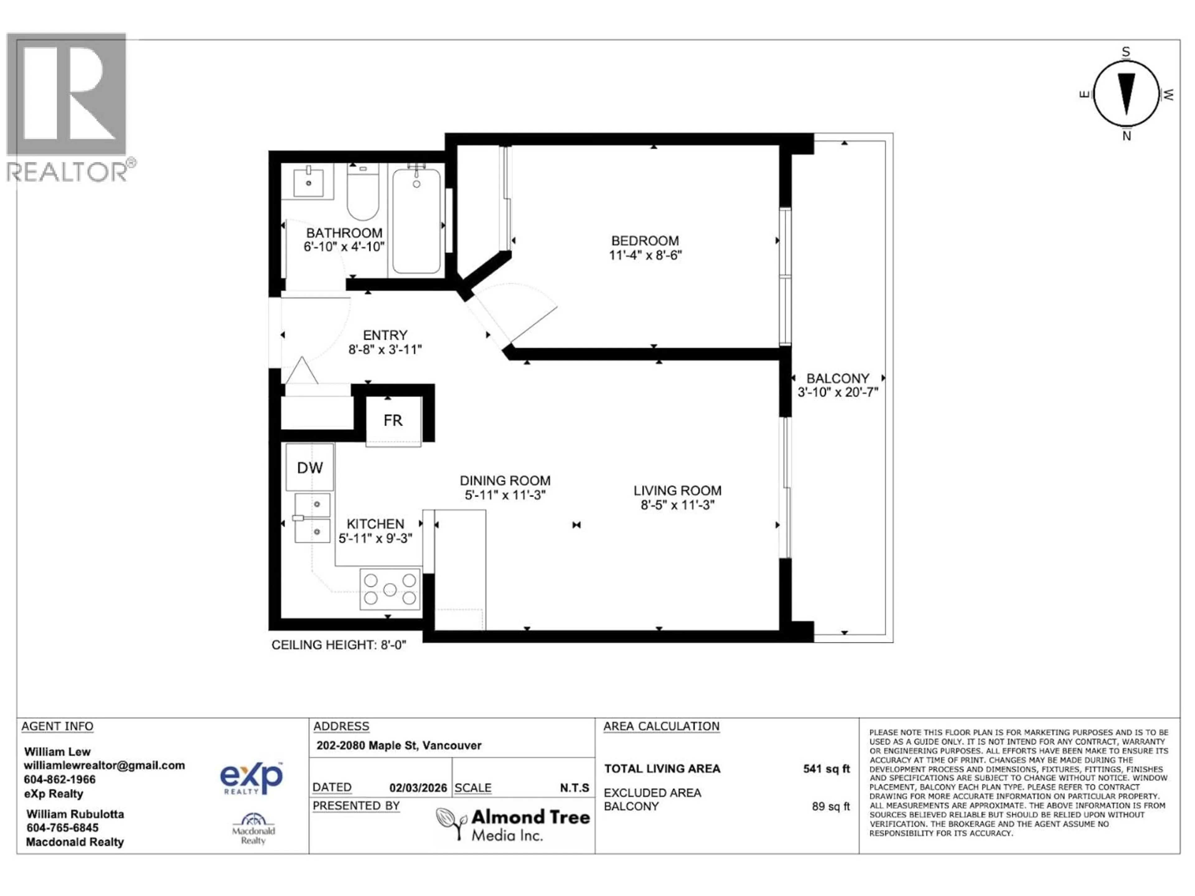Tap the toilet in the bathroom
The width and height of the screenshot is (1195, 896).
[x=363, y=193]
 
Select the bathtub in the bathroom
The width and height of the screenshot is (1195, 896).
[x=416, y=222]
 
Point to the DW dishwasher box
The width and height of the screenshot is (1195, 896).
[x=310, y=468]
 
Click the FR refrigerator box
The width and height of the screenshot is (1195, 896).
[x=393, y=421]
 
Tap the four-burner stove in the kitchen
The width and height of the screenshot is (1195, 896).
[x=390, y=589]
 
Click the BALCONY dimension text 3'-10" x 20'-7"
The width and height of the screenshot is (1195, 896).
[x=838, y=392]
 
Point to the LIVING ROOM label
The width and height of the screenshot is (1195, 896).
[x=677, y=490]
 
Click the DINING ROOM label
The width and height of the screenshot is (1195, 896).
[x=505, y=480]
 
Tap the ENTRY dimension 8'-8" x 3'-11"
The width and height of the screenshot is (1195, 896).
[x=385, y=349]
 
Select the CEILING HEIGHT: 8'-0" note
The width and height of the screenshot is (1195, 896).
[x=339, y=645]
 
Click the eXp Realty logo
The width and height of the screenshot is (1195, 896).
[x=251, y=778]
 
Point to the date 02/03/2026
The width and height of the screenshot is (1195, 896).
[x=418, y=788]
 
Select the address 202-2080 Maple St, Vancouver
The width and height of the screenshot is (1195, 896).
[x=399, y=745]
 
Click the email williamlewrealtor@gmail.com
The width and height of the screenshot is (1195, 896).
[x=104, y=765]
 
